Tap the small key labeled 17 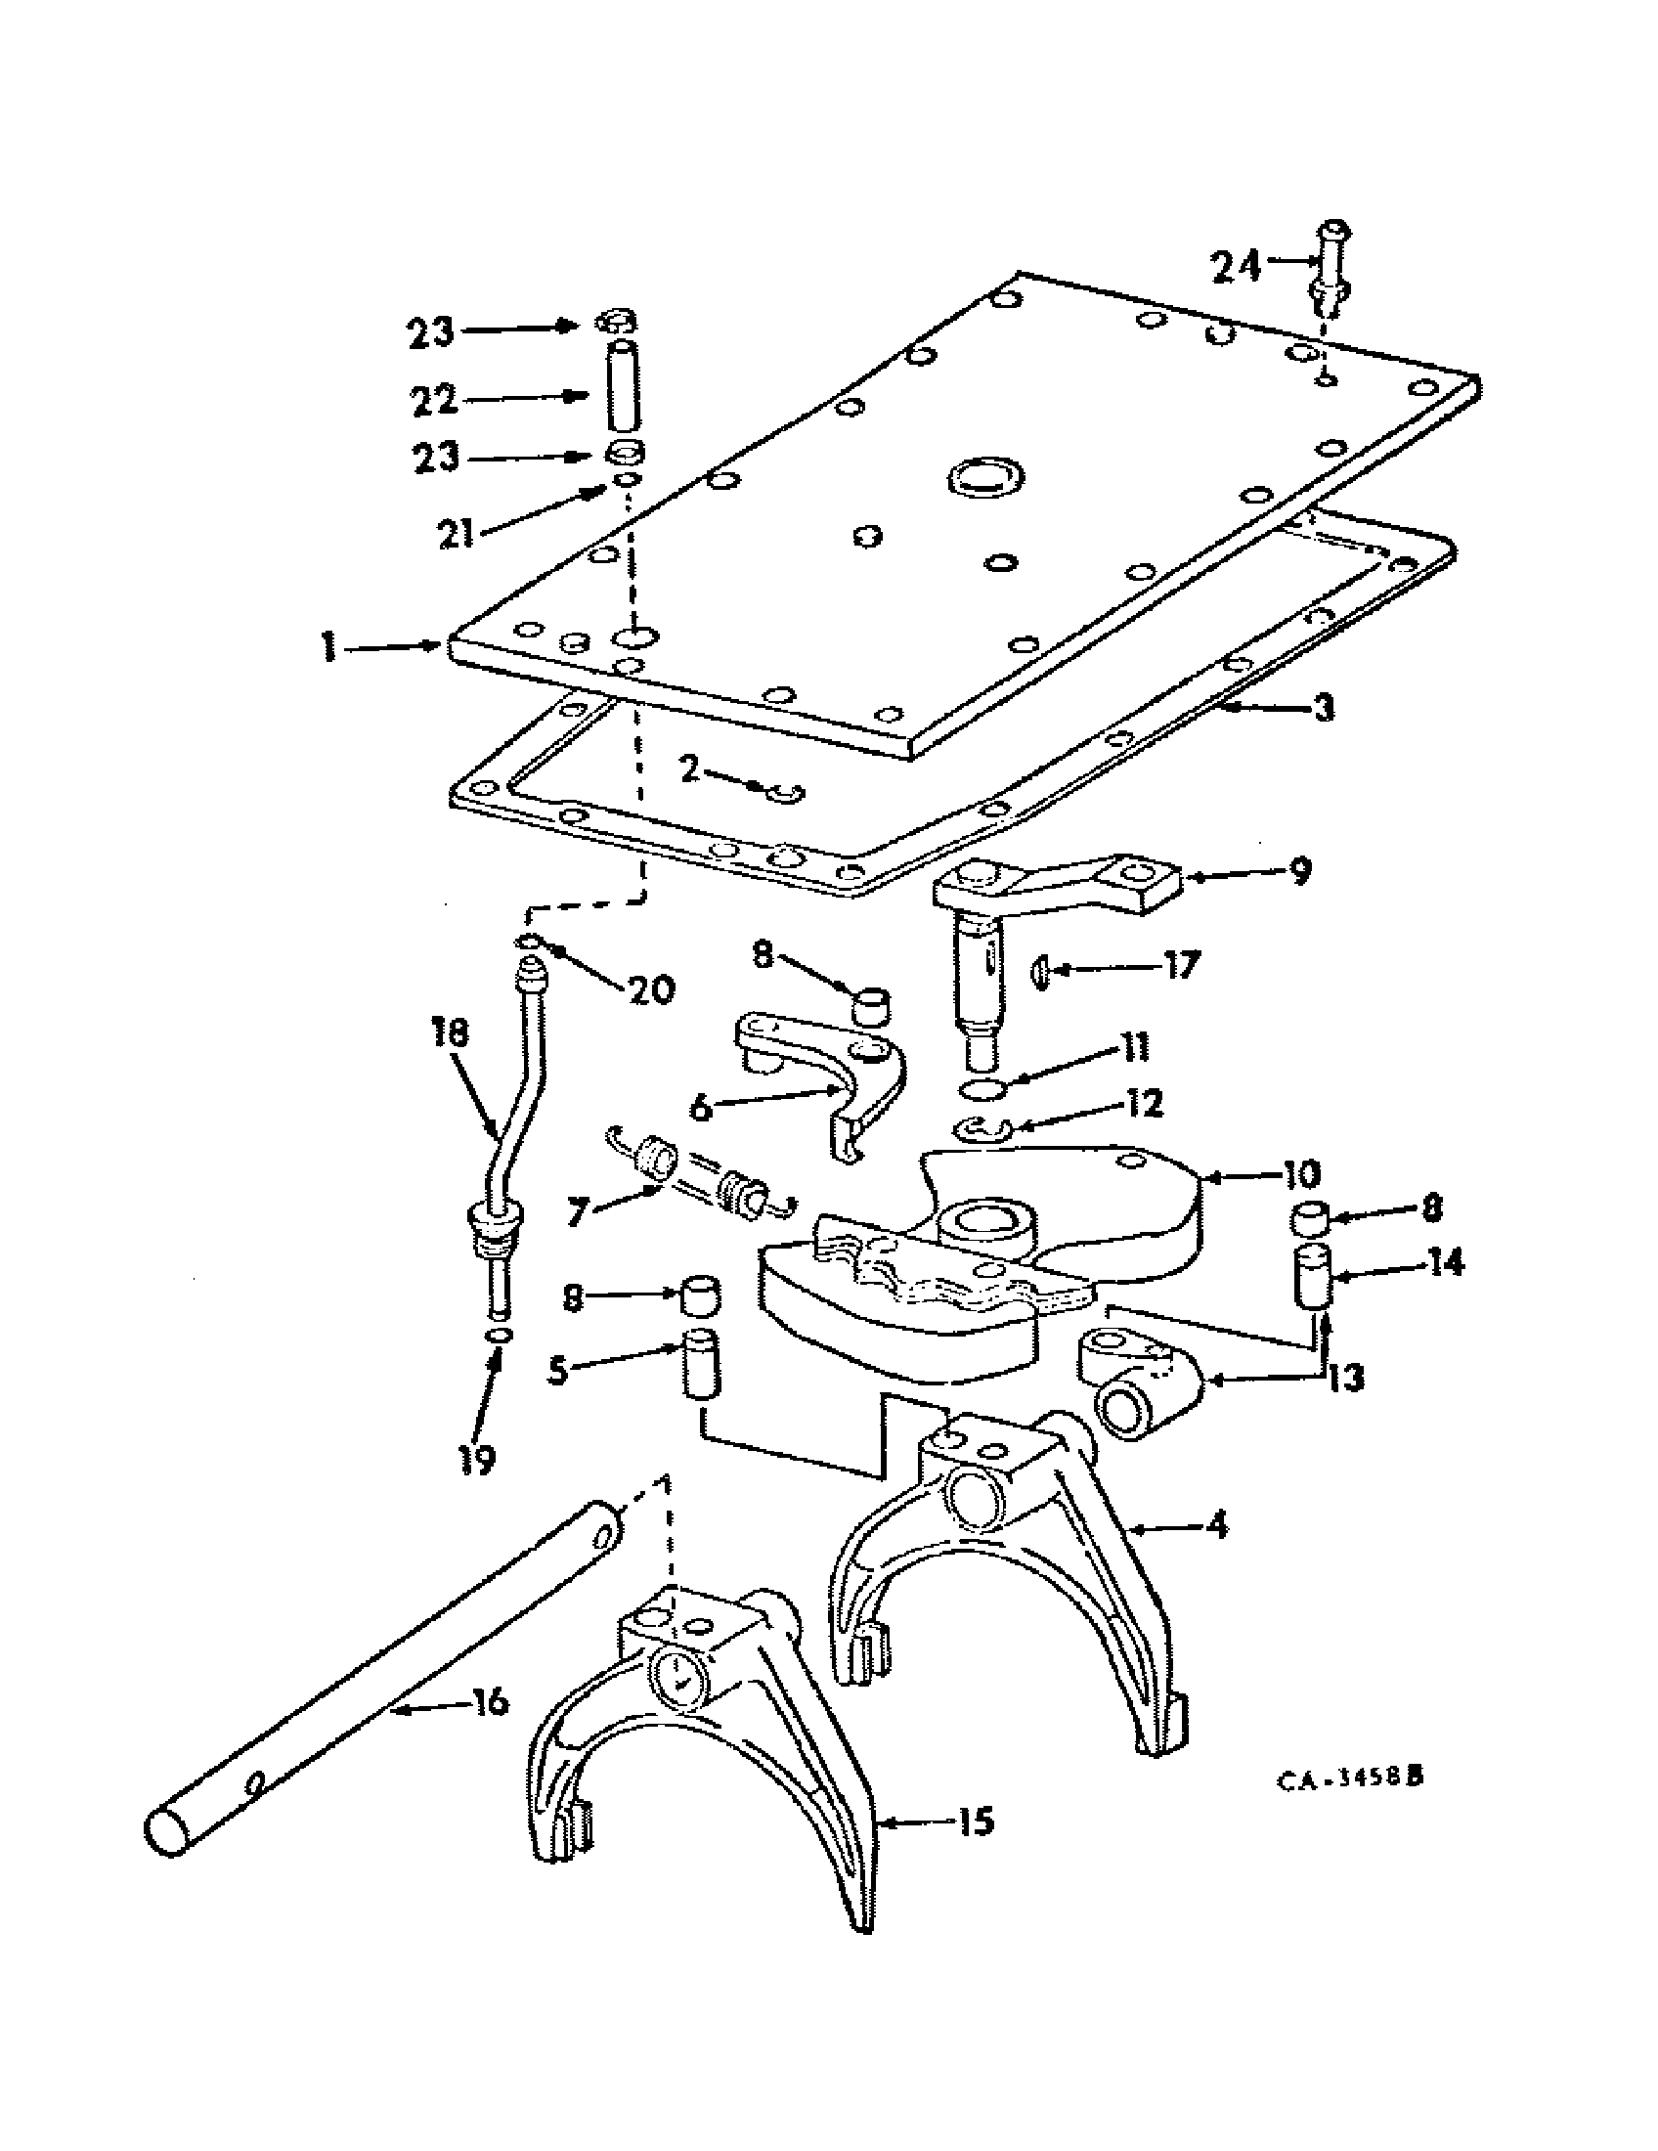pyautogui.click(x=1038, y=972)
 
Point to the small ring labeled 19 pyautogui.click(x=500, y=1335)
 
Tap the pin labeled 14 pyautogui.click(x=1311, y=1275)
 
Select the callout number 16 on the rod pyautogui.click(x=490, y=1700)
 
